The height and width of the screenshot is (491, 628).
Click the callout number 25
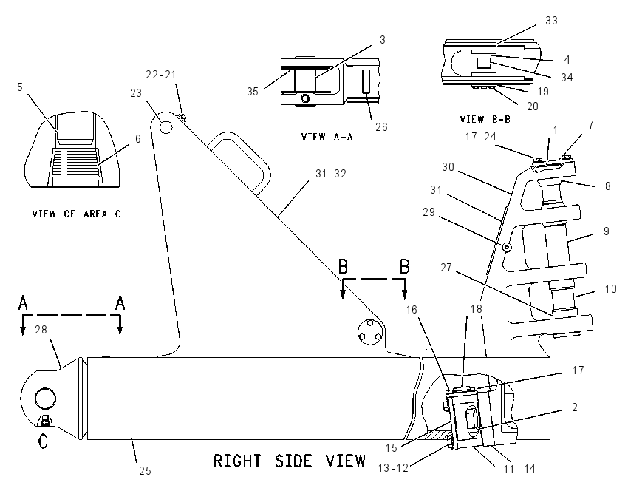[x=145, y=470]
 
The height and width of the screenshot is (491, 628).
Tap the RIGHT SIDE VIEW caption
[x=290, y=461]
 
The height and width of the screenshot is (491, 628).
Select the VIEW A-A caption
[x=327, y=137]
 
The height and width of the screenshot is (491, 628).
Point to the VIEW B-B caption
[x=485, y=120]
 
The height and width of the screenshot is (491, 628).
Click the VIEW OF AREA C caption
[x=76, y=214]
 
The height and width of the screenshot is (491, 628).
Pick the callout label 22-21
[x=160, y=75]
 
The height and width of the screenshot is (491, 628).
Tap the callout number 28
[x=41, y=330]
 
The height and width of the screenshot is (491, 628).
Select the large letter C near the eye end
[x=43, y=441]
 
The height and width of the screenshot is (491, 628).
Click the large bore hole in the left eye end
[x=45, y=399]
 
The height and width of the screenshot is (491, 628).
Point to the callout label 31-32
[x=331, y=174]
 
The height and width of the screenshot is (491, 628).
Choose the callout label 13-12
[x=393, y=468]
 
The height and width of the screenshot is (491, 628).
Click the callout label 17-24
[x=481, y=137]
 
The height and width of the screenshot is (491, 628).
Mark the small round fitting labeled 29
[x=507, y=247]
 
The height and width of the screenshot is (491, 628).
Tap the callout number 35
[x=253, y=92]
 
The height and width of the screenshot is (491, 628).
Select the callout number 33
[x=551, y=21]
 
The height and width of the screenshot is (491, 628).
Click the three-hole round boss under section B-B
[x=370, y=332]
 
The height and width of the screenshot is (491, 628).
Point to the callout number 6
[x=137, y=139]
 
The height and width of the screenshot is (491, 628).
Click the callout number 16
[x=412, y=309]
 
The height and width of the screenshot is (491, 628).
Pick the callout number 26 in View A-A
[x=381, y=126]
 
